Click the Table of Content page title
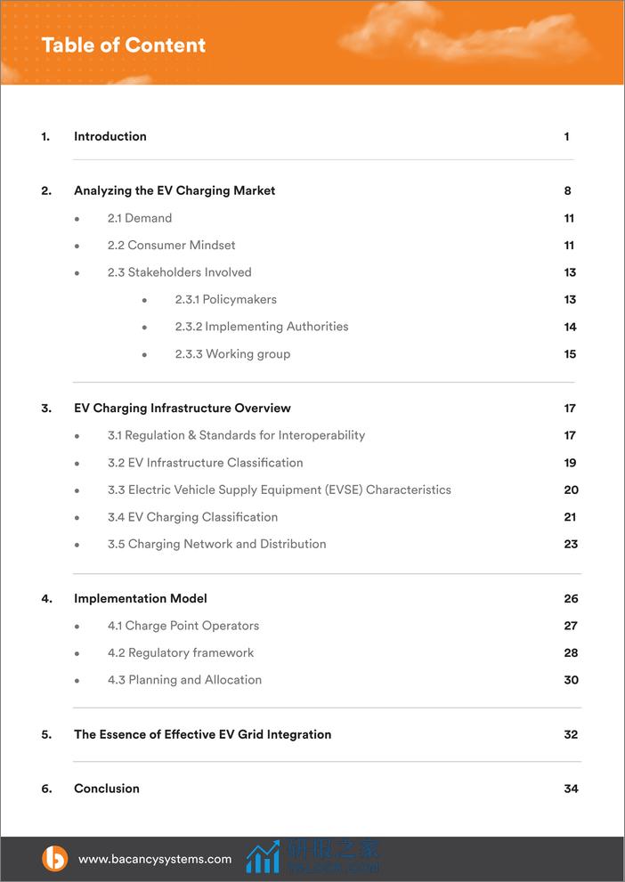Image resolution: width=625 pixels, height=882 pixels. pyautogui.click(x=123, y=45)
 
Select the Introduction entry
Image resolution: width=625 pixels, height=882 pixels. pyautogui.click(x=110, y=136)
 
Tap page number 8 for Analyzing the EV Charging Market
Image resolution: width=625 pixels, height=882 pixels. pyautogui.click(x=567, y=190)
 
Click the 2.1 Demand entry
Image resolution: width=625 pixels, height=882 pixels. pyautogui.click(x=140, y=218)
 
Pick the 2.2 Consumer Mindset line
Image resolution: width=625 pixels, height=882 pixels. pyautogui.click(x=172, y=245)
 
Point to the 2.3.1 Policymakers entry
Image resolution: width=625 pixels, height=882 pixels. pyautogui.click(x=226, y=299)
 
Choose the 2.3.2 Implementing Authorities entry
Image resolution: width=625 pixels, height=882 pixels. pyautogui.click(x=262, y=327)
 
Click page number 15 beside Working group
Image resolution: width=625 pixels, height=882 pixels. pyautogui.click(x=570, y=354)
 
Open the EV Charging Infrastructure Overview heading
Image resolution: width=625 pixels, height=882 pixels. pyautogui.click(x=183, y=409)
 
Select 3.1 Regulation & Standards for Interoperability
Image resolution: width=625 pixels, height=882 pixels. pyautogui.click(x=236, y=435)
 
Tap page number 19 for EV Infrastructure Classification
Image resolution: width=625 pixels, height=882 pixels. pyautogui.click(x=570, y=463)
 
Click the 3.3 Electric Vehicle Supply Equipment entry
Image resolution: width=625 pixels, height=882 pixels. pyautogui.click(x=280, y=490)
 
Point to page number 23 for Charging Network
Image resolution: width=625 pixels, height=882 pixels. pyautogui.click(x=571, y=544)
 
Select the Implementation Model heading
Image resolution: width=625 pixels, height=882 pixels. pyautogui.click(x=141, y=599)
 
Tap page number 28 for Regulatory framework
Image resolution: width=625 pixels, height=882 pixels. pyautogui.click(x=571, y=653)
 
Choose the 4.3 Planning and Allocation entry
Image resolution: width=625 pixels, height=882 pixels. pyautogui.click(x=184, y=680)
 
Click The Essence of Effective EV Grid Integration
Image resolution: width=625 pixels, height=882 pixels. pyautogui.click(x=203, y=734)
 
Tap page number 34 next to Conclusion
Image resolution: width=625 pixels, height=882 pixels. pyautogui.click(x=571, y=789)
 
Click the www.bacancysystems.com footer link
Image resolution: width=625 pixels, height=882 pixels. pyautogui.click(x=155, y=859)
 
